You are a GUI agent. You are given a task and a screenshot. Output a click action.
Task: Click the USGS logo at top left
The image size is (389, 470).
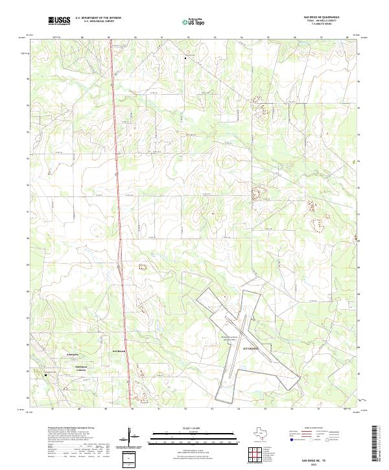pos(59,21)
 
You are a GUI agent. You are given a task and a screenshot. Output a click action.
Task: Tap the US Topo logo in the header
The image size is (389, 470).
pos(194,21)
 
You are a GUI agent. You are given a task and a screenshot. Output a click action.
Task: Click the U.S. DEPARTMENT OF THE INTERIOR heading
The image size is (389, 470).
pos(98,18)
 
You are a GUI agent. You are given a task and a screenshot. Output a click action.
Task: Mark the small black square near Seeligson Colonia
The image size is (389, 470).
pos(45,374)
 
